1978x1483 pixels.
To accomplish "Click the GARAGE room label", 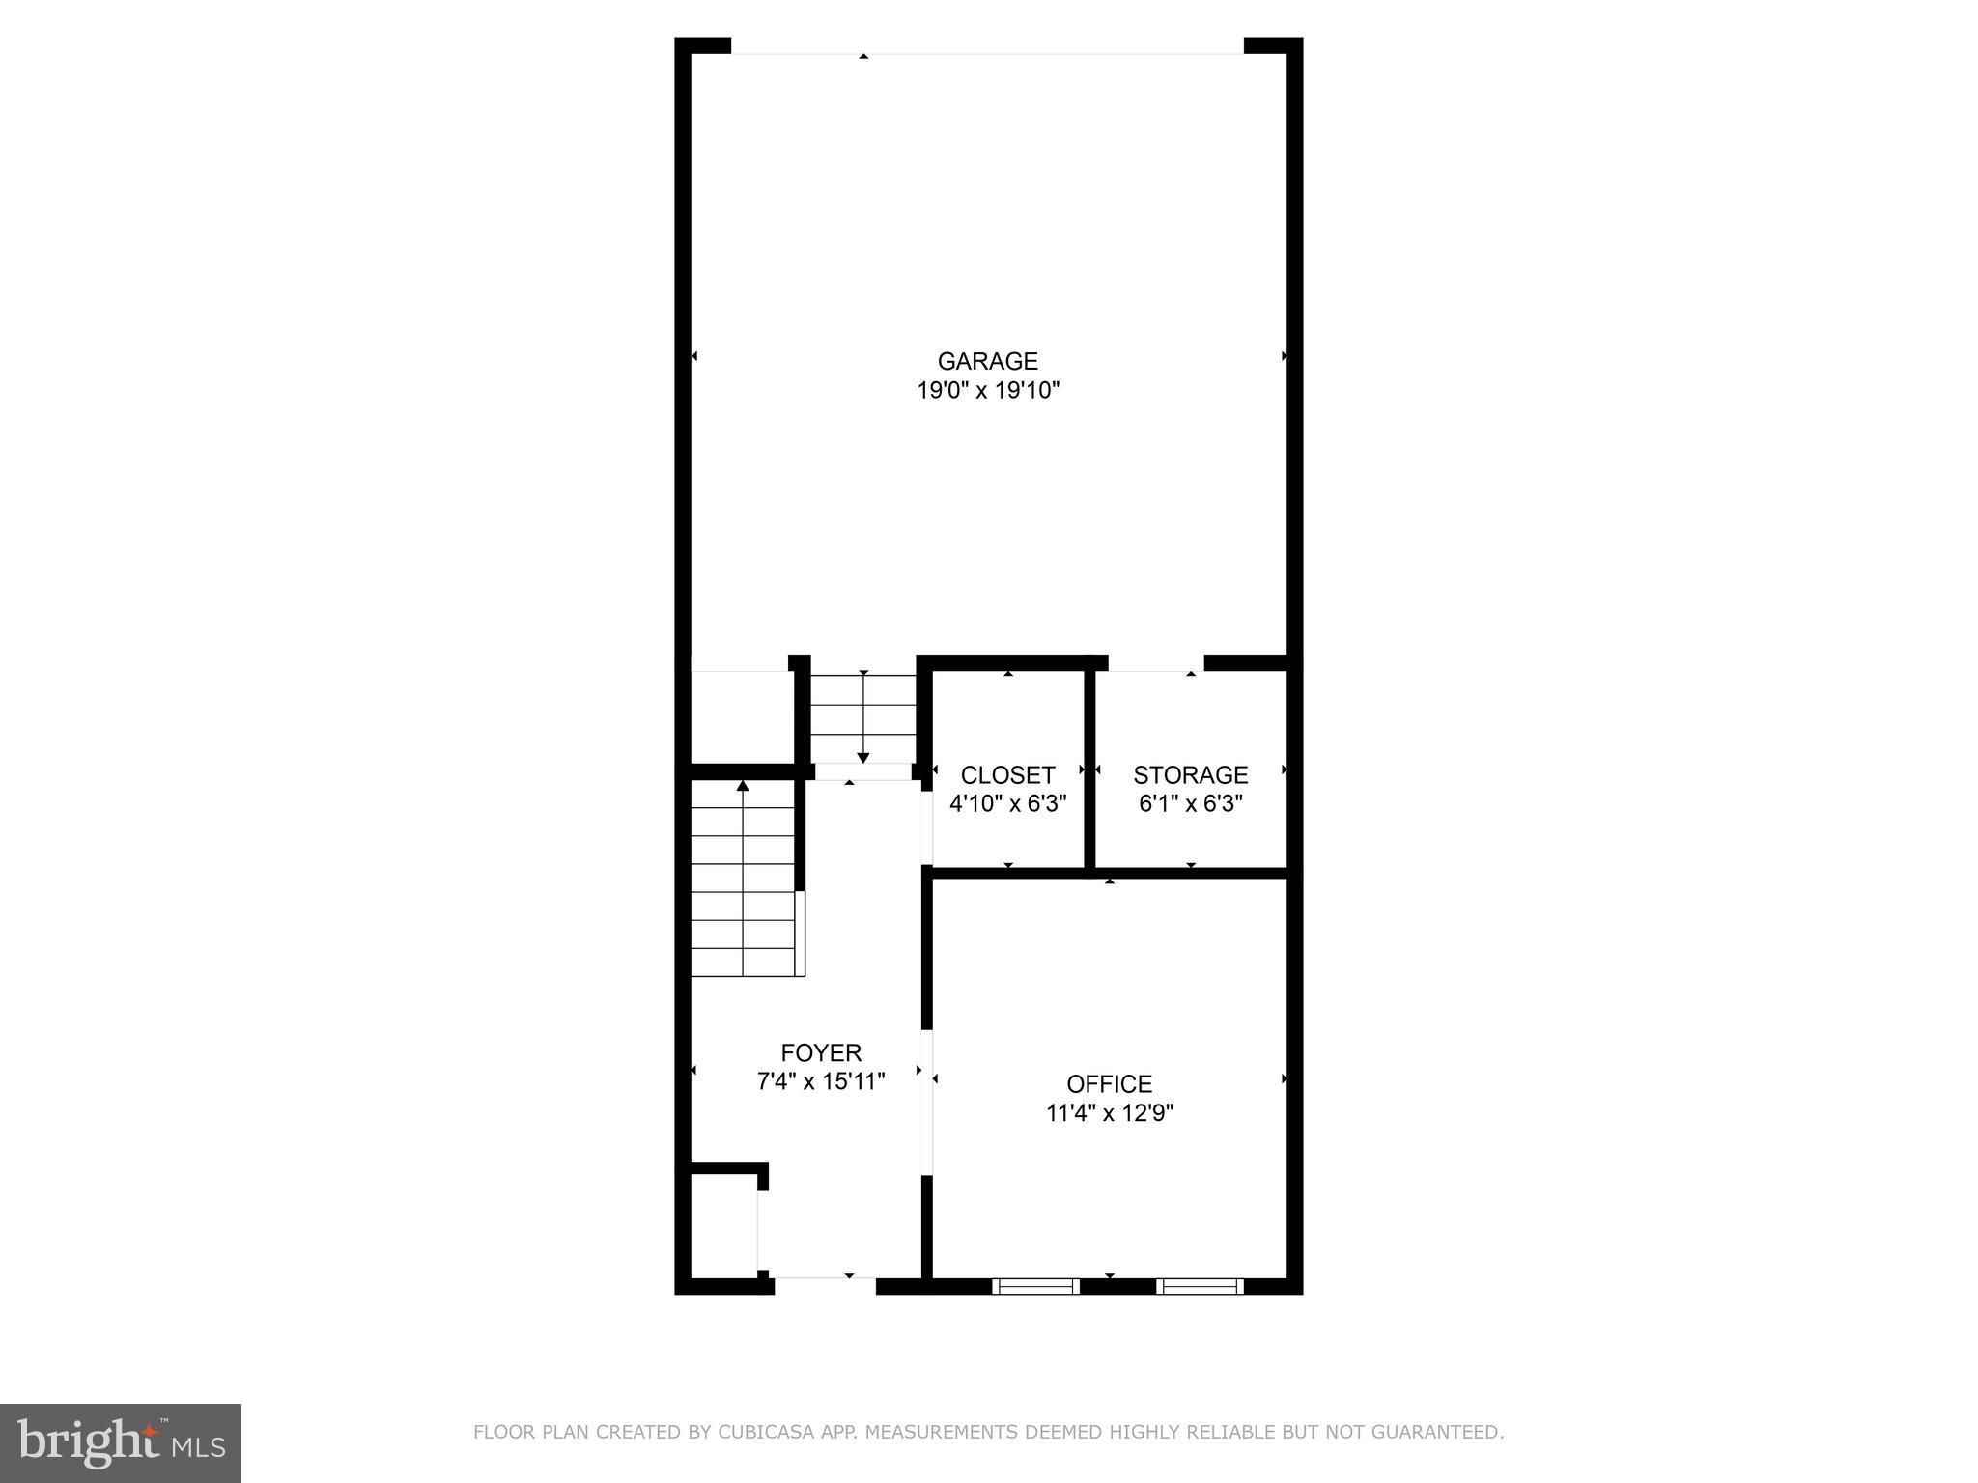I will [987, 361].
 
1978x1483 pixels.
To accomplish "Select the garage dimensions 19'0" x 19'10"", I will [987, 391].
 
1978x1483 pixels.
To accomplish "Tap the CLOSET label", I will [1007, 775].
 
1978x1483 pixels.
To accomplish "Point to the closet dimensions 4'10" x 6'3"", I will [1007, 803].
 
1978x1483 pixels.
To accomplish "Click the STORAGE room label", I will [1190, 775].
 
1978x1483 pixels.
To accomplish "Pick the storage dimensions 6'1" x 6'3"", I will [1190, 803].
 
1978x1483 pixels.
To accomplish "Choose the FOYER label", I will [821, 1052].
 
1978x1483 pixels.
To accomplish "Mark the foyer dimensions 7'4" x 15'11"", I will [821, 1081].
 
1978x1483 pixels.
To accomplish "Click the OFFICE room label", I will [1109, 1083].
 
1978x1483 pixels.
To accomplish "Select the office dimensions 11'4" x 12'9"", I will [1109, 1113].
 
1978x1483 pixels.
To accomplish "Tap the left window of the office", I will [1035, 1286].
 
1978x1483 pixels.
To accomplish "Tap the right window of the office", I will [1200, 1286].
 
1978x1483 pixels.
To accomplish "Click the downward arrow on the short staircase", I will [863, 755].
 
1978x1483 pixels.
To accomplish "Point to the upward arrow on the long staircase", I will [743, 788].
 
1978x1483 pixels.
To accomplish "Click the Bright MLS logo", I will [120, 1442].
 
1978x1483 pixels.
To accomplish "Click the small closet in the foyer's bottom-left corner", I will [723, 1226].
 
